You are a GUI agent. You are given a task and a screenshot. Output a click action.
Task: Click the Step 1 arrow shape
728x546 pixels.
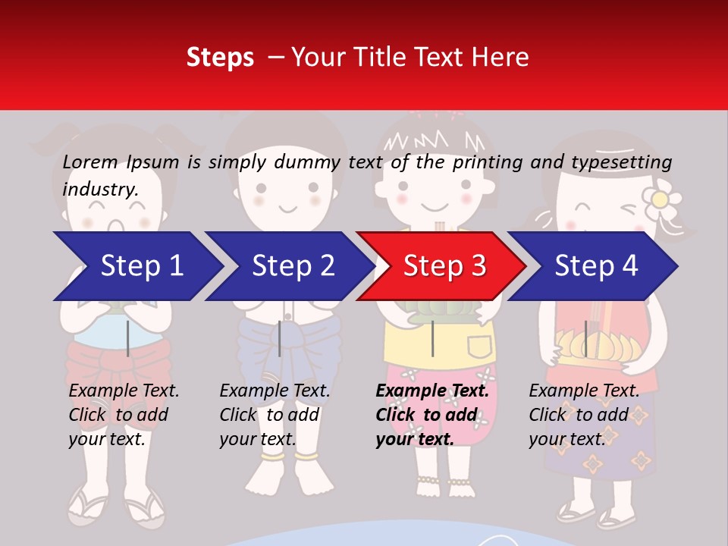coord(136,266)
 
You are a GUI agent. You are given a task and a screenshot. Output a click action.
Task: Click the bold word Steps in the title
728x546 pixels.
coord(220,58)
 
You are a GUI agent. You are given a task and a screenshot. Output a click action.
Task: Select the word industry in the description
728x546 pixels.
coord(99,190)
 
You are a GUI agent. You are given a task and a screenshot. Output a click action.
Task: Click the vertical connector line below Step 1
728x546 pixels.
coord(128,338)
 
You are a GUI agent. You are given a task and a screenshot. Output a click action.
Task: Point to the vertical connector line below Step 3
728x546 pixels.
coord(432,338)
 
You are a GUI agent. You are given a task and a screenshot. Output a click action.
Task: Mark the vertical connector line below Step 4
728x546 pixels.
coord(585,338)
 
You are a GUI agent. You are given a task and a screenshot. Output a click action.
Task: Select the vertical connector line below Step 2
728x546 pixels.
coord(280,338)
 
